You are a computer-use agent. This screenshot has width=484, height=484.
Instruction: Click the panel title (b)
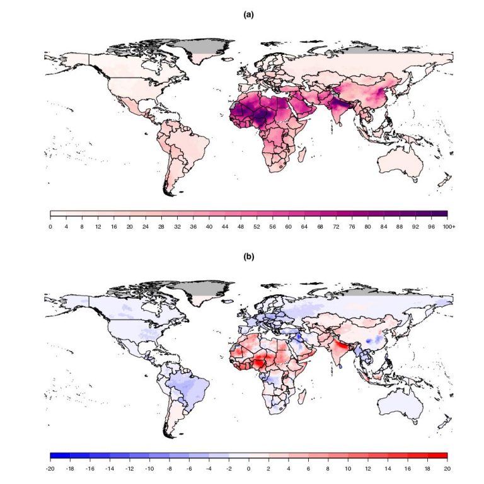pyautogui.click(x=248, y=257)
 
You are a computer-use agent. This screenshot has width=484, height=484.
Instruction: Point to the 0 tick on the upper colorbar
pyautogui.click(x=50, y=226)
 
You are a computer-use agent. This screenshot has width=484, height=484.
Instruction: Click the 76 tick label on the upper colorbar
pyautogui.click(x=352, y=226)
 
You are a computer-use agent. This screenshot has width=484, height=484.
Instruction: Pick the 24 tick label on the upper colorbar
pyautogui.click(x=145, y=226)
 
